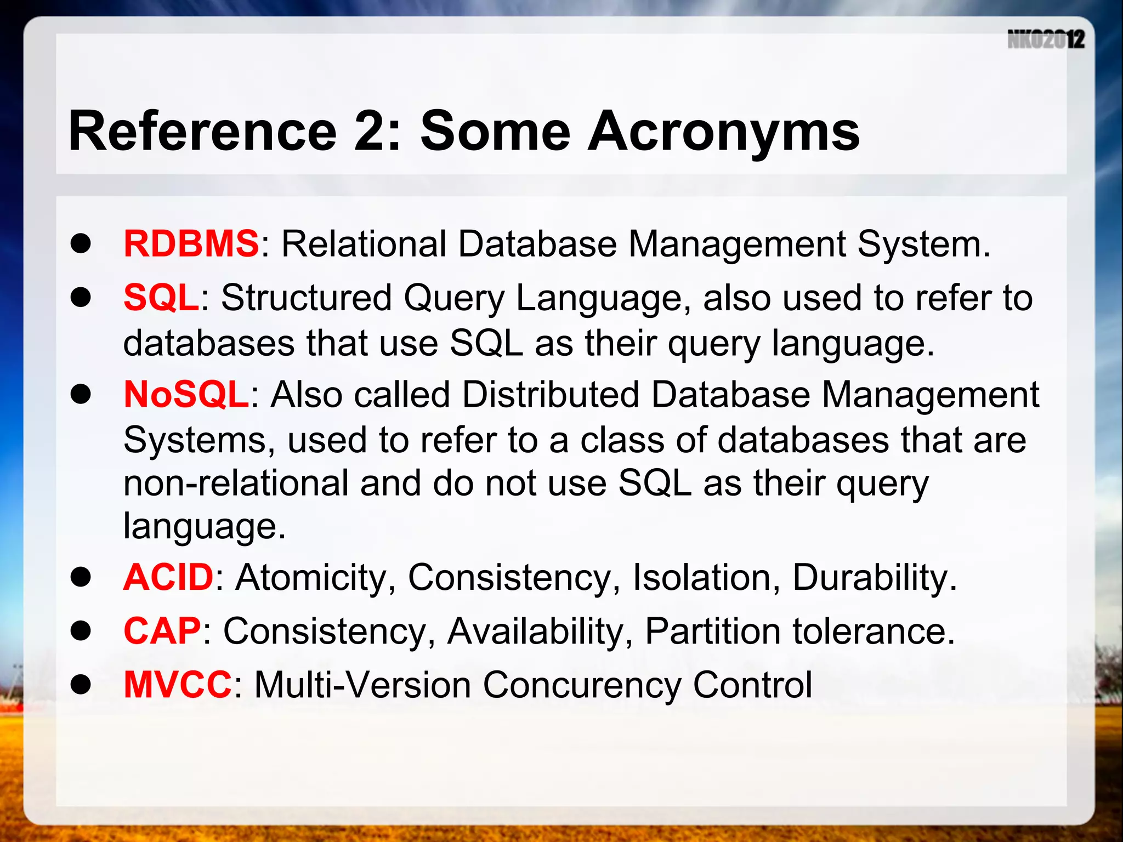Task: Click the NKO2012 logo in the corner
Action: pos(1046,39)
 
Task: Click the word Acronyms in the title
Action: pos(723,132)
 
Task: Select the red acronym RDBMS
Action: pos(191,243)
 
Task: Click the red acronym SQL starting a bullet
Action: pos(161,298)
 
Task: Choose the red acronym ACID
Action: pos(168,577)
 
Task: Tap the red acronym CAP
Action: pos(162,631)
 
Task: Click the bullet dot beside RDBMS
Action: pos(81,244)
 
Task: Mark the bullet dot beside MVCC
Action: pos(81,685)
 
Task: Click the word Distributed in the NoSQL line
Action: pos(551,395)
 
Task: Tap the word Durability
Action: pos(874,577)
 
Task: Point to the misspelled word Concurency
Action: pos(581,686)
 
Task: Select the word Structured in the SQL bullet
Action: pos(306,298)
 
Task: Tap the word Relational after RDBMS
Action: pos(364,243)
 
